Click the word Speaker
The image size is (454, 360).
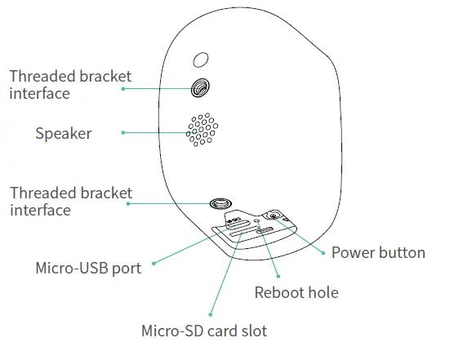pyautogui.click(x=63, y=133)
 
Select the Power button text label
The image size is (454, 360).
pyautogui.click(x=377, y=252)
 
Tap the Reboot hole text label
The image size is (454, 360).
pyautogui.click(x=296, y=292)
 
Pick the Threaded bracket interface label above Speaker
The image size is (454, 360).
pyautogui.click(x=70, y=85)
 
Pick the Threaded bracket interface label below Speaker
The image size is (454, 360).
pyautogui.click(x=70, y=202)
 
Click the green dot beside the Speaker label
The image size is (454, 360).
pyautogui.click(x=122, y=132)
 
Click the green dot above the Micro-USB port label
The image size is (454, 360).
pyautogui.click(x=154, y=263)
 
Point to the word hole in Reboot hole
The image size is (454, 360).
pyautogui.click(x=321, y=292)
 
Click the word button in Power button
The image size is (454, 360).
pyautogui.click(x=400, y=252)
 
